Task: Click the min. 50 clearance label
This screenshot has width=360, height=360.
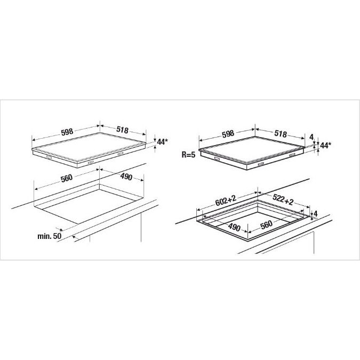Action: [x=50, y=236]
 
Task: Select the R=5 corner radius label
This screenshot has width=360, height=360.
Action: [x=188, y=155]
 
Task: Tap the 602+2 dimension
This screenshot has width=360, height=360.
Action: [x=226, y=201]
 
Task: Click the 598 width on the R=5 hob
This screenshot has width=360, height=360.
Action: [x=228, y=134]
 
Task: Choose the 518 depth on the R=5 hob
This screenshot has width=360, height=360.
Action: [x=281, y=133]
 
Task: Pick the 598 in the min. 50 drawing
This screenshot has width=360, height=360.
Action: [x=67, y=132]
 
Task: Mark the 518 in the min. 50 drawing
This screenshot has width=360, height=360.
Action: [x=122, y=130]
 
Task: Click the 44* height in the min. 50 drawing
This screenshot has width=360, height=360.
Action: [x=161, y=142]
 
